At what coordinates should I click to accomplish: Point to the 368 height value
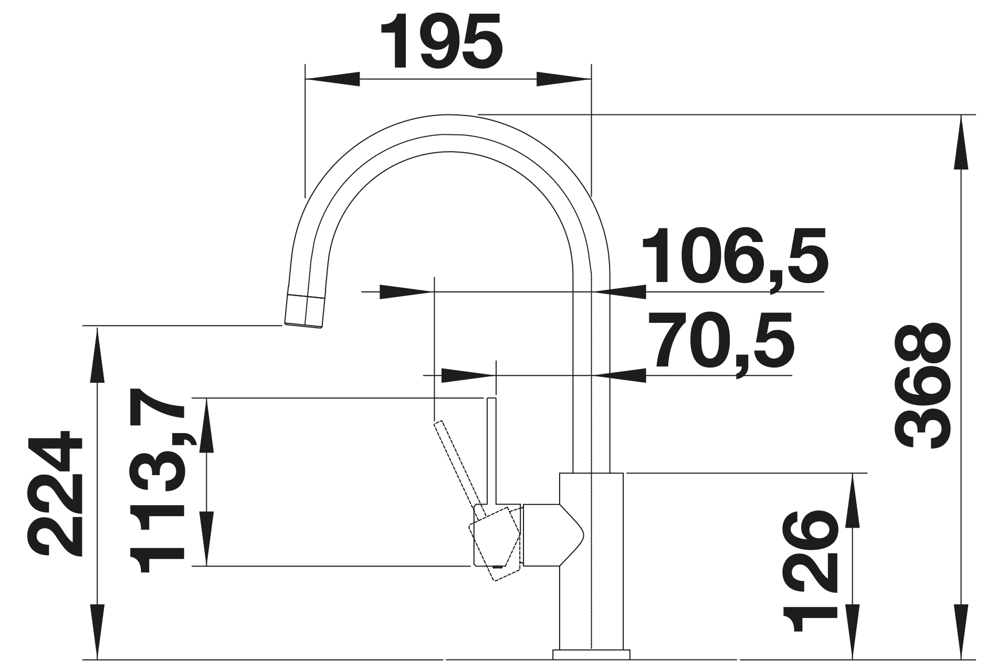(x=921, y=386)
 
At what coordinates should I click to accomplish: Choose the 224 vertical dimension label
(x=56, y=493)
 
